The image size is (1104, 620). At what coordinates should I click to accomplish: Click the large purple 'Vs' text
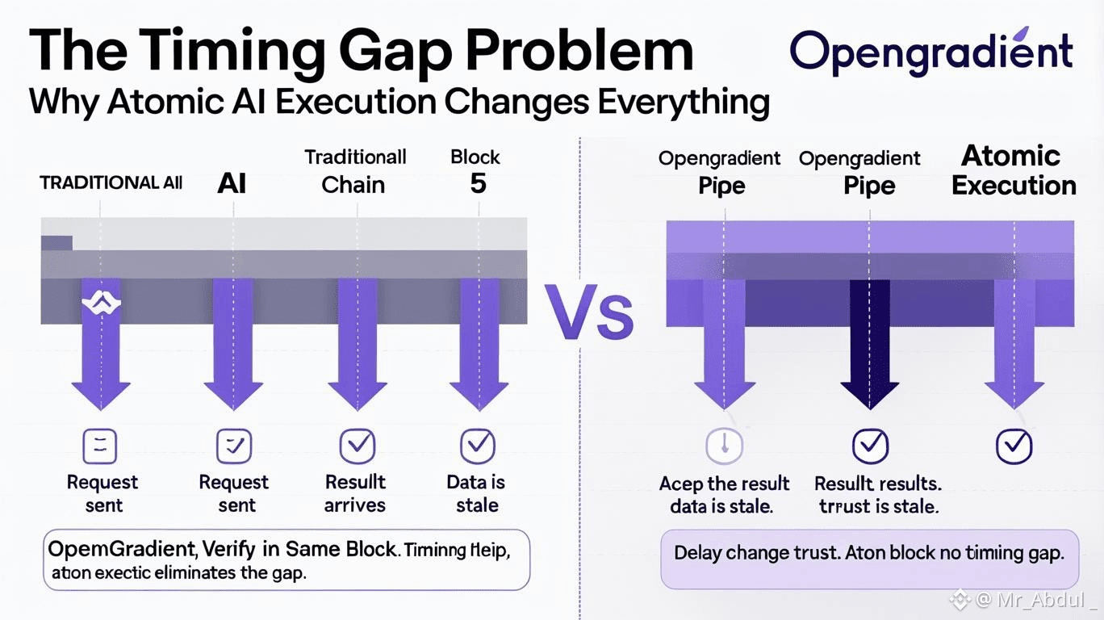pyautogui.click(x=589, y=312)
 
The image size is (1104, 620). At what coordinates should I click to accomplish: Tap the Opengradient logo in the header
pyautogui.click(x=931, y=52)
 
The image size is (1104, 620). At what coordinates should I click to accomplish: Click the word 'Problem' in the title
pyautogui.click(x=580, y=50)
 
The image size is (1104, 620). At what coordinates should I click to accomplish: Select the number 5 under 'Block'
pyautogui.click(x=478, y=183)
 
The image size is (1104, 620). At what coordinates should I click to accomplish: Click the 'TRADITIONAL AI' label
pyautogui.click(x=111, y=182)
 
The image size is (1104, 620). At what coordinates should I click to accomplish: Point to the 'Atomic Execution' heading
pyautogui.click(x=1013, y=170)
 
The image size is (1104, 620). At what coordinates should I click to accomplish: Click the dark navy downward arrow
pyautogui.click(x=870, y=344)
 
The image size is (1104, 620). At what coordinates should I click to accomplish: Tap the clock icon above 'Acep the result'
pyautogui.click(x=724, y=446)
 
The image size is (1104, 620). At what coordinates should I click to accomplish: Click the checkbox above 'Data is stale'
pyautogui.click(x=478, y=446)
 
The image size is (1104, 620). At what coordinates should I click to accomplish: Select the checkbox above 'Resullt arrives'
pyautogui.click(x=358, y=446)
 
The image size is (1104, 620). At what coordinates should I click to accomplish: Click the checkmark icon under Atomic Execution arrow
pyautogui.click(x=1014, y=446)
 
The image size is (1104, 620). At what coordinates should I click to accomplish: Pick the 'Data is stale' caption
pyautogui.click(x=476, y=494)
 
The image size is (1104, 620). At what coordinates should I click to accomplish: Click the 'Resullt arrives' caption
pyautogui.click(x=355, y=494)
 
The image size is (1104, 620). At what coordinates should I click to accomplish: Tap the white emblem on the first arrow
pyautogui.click(x=101, y=302)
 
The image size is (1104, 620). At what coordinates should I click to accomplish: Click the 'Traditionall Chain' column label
pyautogui.click(x=355, y=171)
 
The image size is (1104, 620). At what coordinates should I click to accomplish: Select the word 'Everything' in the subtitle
pyautogui.click(x=684, y=103)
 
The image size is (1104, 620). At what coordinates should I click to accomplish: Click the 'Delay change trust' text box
pyautogui.click(x=869, y=559)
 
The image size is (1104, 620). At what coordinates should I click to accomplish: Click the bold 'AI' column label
pyautogui.click(x=232, y=183)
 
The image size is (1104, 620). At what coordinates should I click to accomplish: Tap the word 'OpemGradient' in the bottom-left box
pyautogui.click(x=122, y=549)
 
